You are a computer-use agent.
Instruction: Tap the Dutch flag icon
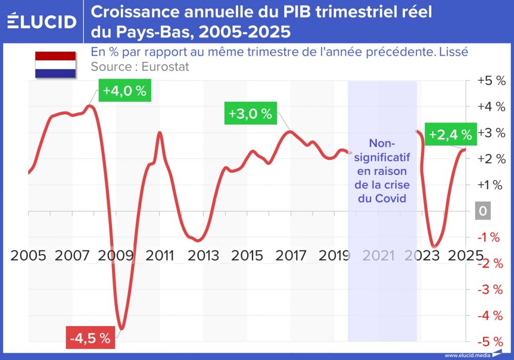(x=56, y=65)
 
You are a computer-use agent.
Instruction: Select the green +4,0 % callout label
(x=124, y=91)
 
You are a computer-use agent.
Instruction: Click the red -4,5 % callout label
(x=90, y=338)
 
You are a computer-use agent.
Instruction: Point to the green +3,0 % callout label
(x=250, y=114)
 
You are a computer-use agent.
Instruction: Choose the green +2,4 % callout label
(x=450, y=135)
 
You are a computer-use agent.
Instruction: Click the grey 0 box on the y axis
(x=483, y=211)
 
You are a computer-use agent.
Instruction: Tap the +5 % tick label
(x=491, y=81)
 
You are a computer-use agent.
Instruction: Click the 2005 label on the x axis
(x=28, y=256)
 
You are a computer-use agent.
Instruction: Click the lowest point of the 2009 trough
(x=121, y=329)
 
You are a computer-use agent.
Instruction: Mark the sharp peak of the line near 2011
(x=159, y=133)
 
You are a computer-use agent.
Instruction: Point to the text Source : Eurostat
(x=140, y=66)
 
